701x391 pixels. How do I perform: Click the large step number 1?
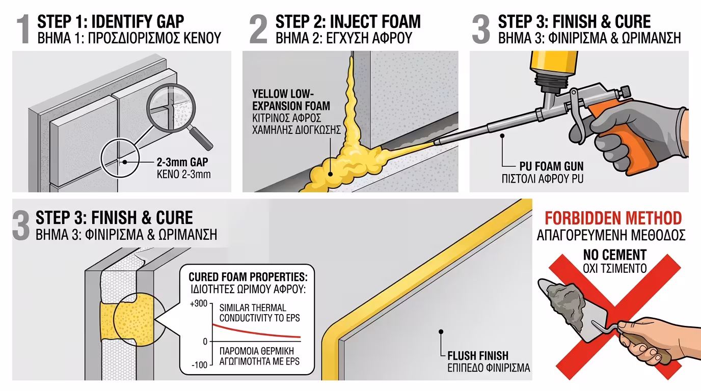tap(23, 30)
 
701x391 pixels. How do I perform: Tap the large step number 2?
tap(258, 30)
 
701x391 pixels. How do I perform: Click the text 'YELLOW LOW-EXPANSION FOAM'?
tap(291, 100)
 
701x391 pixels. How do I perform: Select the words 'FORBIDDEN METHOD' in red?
tap(613, 218)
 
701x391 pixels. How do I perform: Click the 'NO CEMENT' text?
tap(614, 255)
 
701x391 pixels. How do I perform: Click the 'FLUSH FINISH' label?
tap(478, 355)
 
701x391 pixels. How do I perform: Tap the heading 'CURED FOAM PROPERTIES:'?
tap(248, 277)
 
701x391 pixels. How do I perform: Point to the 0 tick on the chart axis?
tap(205, 342)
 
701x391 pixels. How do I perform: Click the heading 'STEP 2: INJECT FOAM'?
tap(348, 22)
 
